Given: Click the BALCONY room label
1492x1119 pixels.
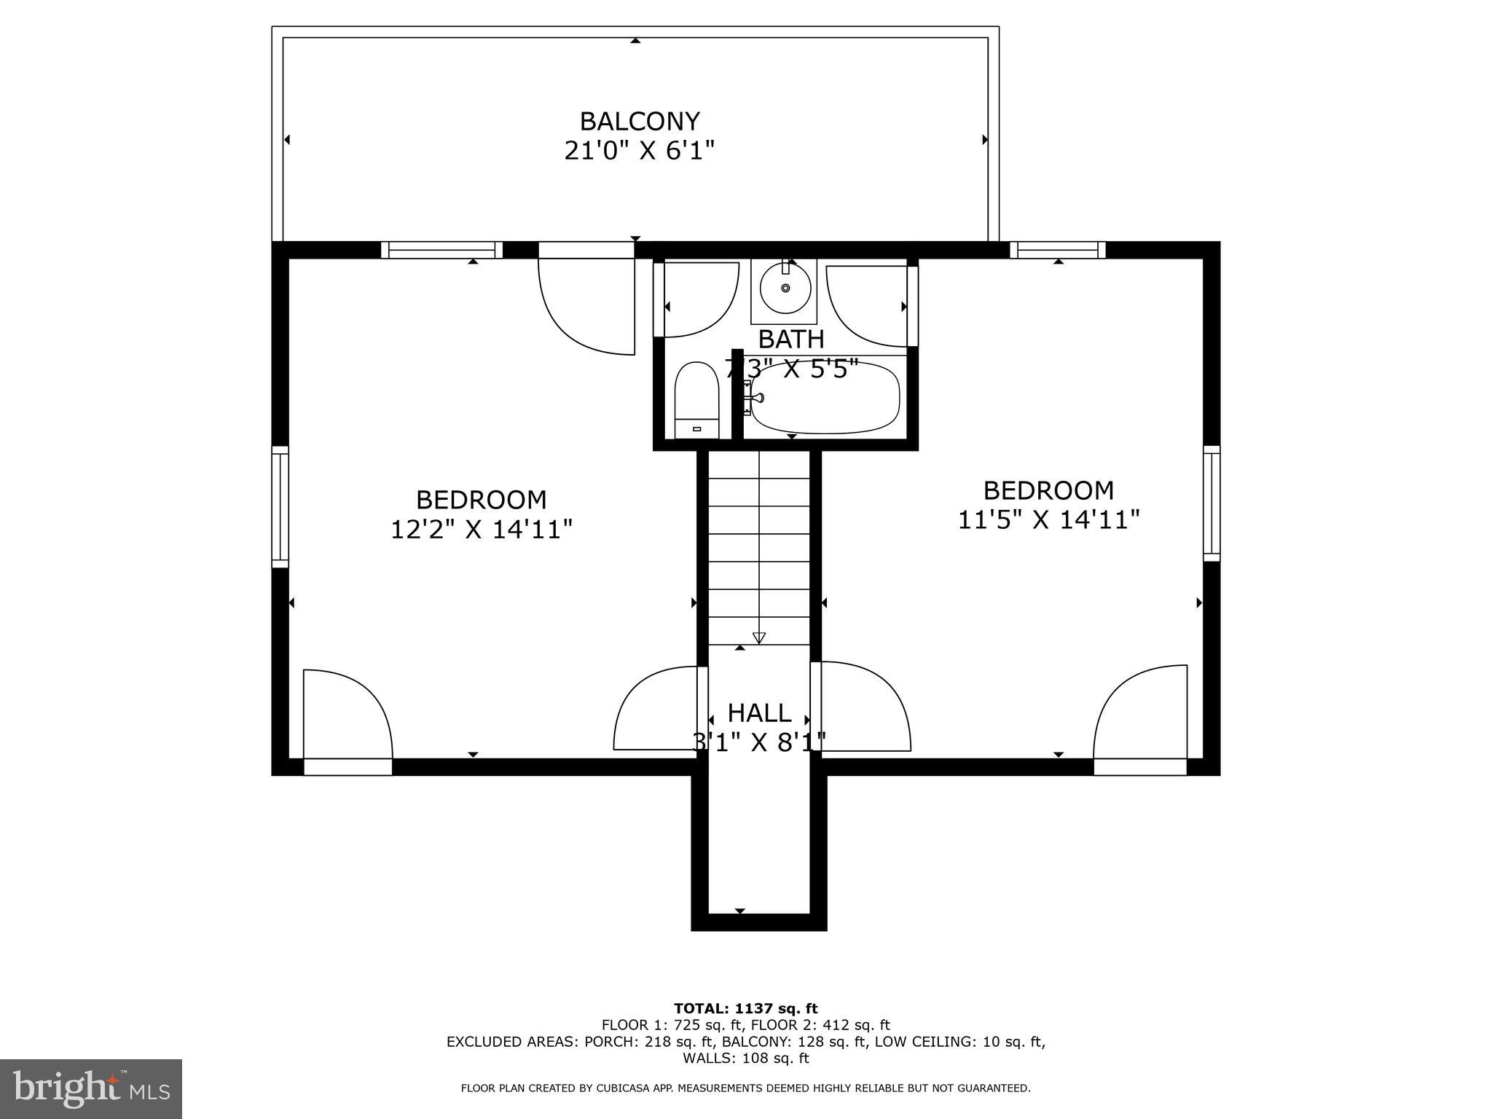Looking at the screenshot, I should click(640, 121).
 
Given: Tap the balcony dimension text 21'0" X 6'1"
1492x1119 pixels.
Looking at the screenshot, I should click(640, 151).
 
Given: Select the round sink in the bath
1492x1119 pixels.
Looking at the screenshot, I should click(785, 288).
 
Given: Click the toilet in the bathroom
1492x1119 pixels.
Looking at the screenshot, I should click(696, 401).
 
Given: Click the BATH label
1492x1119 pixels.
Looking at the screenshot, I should click(791, 339).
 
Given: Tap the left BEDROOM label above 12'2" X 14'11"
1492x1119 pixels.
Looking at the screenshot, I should click(481, 500).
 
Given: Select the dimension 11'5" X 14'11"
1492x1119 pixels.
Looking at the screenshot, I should click(1048, 520).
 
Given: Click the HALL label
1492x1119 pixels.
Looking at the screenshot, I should click(759, 712).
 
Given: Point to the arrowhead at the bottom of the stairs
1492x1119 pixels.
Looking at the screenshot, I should click(759, 638).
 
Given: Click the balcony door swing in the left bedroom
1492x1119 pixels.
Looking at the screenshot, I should click(587, 306).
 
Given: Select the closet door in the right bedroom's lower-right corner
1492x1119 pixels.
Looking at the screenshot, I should click(1141, 714).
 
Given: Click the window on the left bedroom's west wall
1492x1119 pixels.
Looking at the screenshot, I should click(280, 506).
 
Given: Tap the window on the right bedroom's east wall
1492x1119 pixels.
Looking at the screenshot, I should click(1211, 503).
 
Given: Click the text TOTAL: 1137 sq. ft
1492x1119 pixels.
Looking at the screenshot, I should click(745, 1008).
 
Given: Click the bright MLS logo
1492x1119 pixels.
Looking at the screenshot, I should click(91, 1088).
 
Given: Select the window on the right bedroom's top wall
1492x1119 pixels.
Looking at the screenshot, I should click(1058, 250).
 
